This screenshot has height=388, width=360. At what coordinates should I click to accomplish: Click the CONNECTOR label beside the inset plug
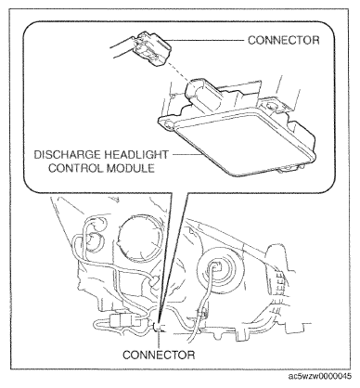point(283,40)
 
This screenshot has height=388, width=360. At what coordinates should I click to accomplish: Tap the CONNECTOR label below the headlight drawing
point(159,355)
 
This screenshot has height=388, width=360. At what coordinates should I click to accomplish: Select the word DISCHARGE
point(67,154)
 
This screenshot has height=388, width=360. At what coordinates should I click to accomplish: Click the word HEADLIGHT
point(136,154)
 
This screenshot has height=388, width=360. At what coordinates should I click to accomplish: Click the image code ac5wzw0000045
point(320,376)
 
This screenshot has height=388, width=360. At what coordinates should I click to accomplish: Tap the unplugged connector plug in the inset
point(150,48)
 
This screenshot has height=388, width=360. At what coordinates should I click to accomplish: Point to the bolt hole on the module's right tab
point(271,107)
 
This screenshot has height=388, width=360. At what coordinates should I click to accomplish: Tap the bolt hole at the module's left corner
point(169,125)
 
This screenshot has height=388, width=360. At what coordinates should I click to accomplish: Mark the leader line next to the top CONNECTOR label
point(206,40)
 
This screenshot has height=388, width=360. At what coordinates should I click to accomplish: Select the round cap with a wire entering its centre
point(220,268)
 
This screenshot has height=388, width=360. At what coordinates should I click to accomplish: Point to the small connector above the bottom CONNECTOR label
point(158,327)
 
